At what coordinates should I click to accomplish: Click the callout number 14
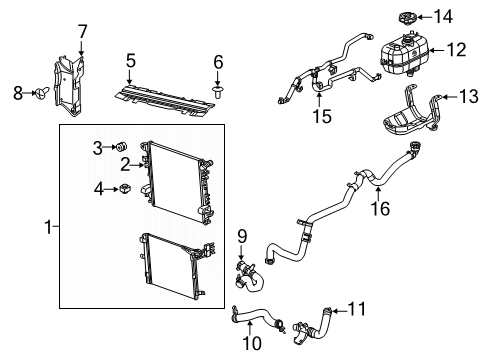pos(443,16)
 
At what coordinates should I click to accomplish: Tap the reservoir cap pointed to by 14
pos(406,17)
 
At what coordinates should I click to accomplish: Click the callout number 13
pos(468,96)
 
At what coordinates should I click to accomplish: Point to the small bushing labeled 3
pos(121,146)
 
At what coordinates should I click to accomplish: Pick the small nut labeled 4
pos(125,189)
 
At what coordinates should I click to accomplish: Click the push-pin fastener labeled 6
pos(218,92)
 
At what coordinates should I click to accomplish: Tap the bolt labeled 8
pos(42,92)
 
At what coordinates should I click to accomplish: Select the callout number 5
pos(131,61)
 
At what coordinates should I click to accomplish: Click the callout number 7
pos(82,32)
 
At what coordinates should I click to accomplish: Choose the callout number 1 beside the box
pos(49,227)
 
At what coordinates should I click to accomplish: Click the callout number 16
pos(380,209)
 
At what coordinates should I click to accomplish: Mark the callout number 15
pos(322,116)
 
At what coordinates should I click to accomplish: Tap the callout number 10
pos(252,343)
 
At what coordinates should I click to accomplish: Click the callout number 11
pos(357,309)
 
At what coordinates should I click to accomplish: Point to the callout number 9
pos(242,236)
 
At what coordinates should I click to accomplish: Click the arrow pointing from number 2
pos(138,165)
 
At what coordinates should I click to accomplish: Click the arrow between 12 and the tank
pos(437,51)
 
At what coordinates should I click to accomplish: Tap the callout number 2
pos(125,164)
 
